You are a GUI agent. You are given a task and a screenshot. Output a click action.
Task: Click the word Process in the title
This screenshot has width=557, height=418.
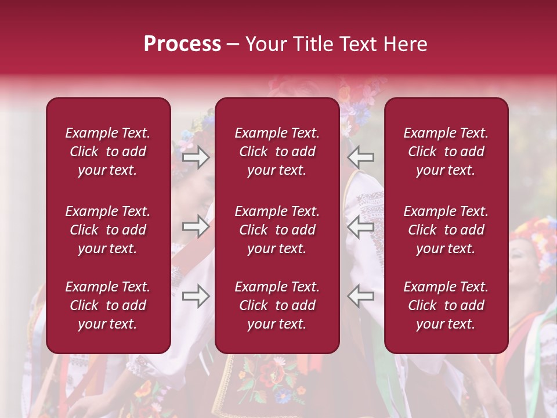pyautogui.click(x=182, y=44)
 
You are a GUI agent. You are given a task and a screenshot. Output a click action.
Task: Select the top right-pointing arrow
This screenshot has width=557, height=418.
pyautogui.click(x=196, y=157)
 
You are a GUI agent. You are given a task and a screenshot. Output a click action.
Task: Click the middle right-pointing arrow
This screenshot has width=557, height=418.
pyautogui.click(x=196, y=226)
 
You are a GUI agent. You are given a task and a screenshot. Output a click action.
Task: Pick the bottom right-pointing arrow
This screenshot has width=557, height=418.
pyautogui.click(x=196, y=296)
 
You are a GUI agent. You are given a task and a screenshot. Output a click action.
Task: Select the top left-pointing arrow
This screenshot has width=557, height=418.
pyautogui.click(x=361, y=157)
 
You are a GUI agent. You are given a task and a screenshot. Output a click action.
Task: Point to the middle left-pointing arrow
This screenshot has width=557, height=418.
pyautogui.click(x=361, y=226)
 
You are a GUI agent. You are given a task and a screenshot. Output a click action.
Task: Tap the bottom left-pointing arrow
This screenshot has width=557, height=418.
pyautogui.click(x=361, y=296)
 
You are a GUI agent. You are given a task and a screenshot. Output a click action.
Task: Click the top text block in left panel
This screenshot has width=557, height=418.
pyautogui.click(x=108, y=152)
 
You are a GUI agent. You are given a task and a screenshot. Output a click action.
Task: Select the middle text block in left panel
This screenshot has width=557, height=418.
pyautogui.click(x=108, y=230)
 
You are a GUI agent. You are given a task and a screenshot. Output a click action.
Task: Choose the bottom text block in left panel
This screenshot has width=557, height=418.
pyautogui.click(x=108, y=305)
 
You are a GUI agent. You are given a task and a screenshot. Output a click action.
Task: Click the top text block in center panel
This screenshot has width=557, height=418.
pyautogui.click(x=277, y=152)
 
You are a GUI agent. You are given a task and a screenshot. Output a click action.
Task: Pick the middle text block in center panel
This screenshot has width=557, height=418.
pyautogui.click(x=277, y=230)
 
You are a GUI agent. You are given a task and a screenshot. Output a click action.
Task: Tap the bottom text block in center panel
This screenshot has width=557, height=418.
pyautogui.click(x=277, y=305)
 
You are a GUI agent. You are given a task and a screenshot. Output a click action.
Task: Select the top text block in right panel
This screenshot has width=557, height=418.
pyautogui.click(x=446, y=152)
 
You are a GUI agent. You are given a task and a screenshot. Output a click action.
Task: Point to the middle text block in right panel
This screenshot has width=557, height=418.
pyautogui.click(x=446, y=230)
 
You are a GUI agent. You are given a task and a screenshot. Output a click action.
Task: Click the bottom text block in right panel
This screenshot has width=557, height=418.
pyautogui.click(x=446, y=305)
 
